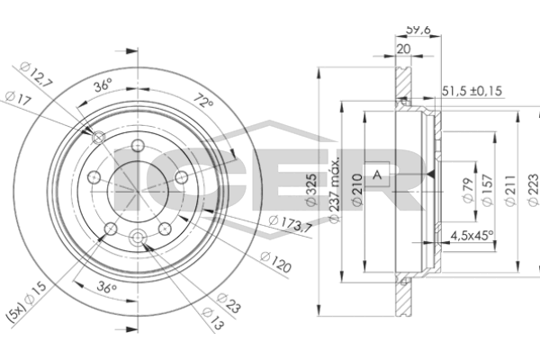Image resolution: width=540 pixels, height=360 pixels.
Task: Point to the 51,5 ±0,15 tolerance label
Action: [471, 91]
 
